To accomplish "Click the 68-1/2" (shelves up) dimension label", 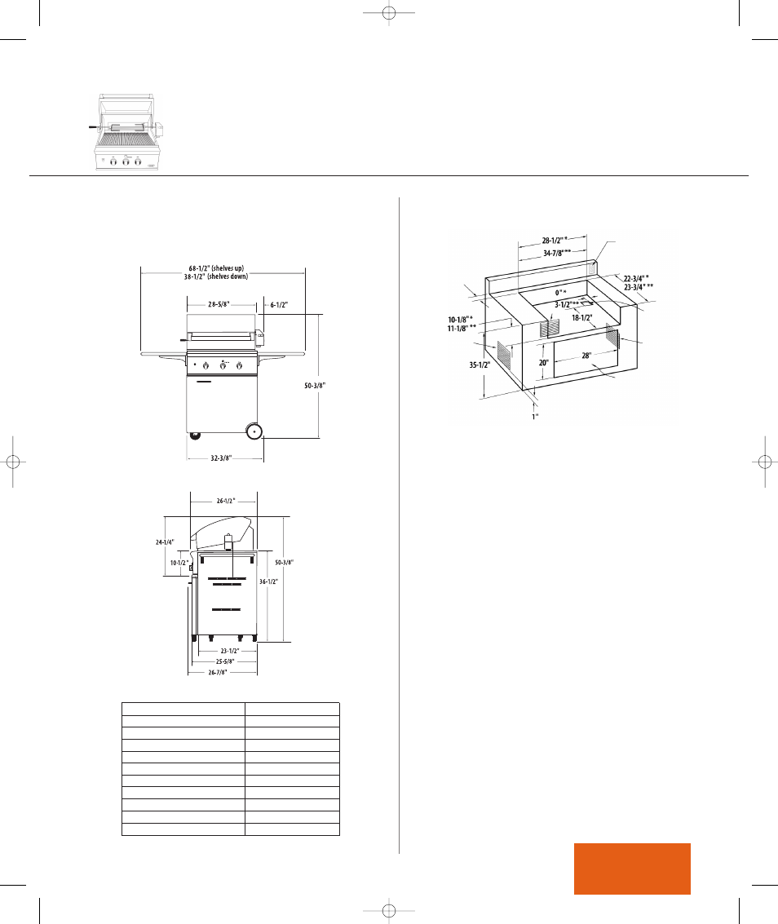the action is [x=216, y=268].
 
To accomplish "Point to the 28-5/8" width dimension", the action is [x=218, y=305].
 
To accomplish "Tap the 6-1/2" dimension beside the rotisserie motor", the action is [x=280, y=305].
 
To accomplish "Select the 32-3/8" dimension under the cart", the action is [x=221, y=458].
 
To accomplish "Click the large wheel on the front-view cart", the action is [x=254, y=431].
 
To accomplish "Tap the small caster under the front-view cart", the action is [x=194, y=435].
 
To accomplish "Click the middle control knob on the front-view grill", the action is [x=223, y=366].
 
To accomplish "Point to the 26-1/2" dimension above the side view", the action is [x=226, y=501].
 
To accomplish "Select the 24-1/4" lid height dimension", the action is [x=165, y=542].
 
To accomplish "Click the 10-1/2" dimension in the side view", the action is [x=179, y=563].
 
